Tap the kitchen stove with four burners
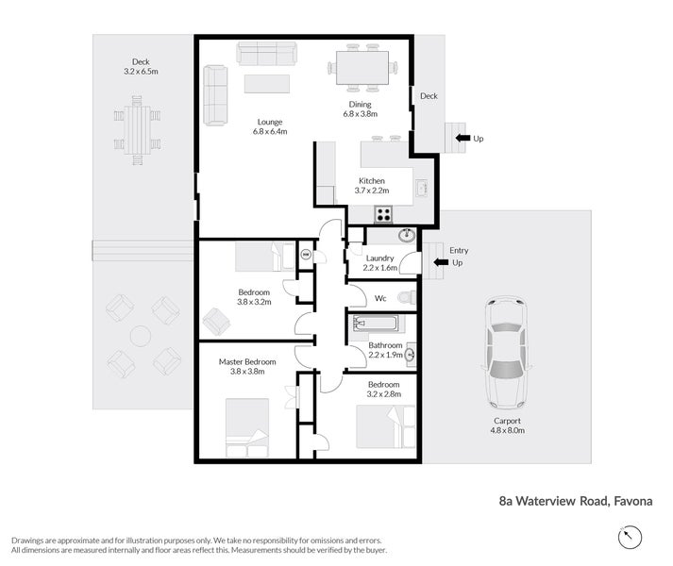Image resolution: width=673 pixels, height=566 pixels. pyautogui.click(x=383, y=214)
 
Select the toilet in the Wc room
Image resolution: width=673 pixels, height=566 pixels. pyautogui.click(x=407, y=297)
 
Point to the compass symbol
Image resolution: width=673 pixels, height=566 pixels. pyautogui.click(x=630, y=537)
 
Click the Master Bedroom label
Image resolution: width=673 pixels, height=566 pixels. pyautogui.click(x=247, y=361)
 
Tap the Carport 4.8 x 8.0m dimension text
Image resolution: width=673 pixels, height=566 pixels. pyautogui.click(x=507, y=430)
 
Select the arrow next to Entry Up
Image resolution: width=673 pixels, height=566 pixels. pyautogui.click(x=441, y=262)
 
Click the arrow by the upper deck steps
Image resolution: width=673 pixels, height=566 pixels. pyautogui.click(x=463, y=138)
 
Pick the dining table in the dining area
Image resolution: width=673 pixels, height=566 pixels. pyautogui.click(x=362, y=68)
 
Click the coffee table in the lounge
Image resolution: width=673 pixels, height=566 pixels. pyautogui.click(x=267, y=84)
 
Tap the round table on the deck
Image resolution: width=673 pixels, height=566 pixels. pyautogui.click(x=141, y=336)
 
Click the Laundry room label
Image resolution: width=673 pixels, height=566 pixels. pyautogui.click(x=379, y=258)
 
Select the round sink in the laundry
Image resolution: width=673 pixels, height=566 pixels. pyautogui.click(x=407, y=235)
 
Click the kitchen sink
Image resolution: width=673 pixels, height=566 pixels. pyautogui.click(x=422, y=188)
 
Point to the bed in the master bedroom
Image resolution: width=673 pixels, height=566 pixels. pyautogui.click(x=247, y=427)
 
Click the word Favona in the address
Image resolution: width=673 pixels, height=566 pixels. pyautogui.click(x=633, y=501)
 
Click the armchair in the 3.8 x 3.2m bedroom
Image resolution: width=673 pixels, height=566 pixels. pyautogui.click(x=216, y=322)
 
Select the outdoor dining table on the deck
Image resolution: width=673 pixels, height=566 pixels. pyautogui.click(x=138, y=130)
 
